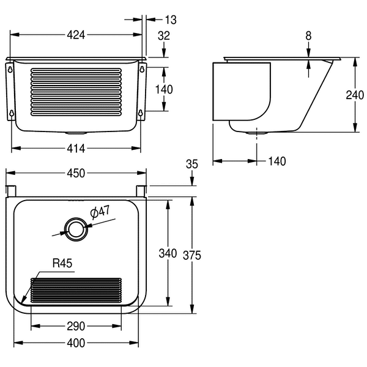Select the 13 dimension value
click(x=170, y=20)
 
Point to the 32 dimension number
click(x=163, y=35)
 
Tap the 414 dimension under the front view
click(x=76, y=147)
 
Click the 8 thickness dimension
click(x=308, y=36)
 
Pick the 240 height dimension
click(x=355, y=95)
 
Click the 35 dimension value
click(x=191, y=163)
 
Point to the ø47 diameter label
click(x=100, y=212)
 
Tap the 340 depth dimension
click(x=168, y=253)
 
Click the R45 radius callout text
click(x=62, y=264)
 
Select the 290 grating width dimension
click(x=75, y=327)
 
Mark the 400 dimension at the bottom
click(x=76, y=343)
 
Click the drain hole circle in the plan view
click(x=76, y=229)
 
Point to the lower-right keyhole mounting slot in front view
click(x=141, y=113)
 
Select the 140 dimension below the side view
click(x=277, y=161)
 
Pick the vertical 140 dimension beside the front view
click(x=163, y=89)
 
